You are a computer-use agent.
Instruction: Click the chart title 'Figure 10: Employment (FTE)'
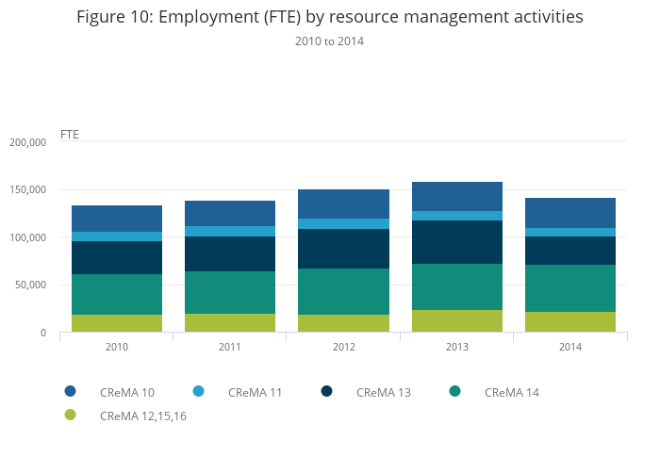coord(329,18)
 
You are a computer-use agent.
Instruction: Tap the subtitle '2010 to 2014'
coord(329,41)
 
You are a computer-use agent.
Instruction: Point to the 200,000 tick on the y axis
coord(26,142)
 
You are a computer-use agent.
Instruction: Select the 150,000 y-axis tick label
coord(26,190)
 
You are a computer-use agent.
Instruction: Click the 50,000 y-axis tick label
coord(29,285)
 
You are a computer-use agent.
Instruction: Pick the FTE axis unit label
coord(70,134)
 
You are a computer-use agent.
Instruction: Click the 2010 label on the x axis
coord(117,347)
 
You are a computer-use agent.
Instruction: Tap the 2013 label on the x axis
coord(457,347)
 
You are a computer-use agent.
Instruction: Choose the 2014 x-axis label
coord(570,347)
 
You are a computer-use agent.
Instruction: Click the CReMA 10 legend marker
coord(70,391)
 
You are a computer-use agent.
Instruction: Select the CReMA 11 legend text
coord(256,392)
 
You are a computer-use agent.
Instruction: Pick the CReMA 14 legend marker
coord(454,391)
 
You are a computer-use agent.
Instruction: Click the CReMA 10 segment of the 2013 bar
coord(457,196)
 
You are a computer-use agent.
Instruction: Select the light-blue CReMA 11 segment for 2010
coord(117,236)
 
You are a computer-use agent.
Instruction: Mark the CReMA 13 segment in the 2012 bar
coord(344,249)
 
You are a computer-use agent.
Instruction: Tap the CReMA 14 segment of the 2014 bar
coord(570,288)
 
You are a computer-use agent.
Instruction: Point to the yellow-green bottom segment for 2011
coord(230,322)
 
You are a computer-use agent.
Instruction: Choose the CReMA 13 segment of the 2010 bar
coord(117,257)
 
